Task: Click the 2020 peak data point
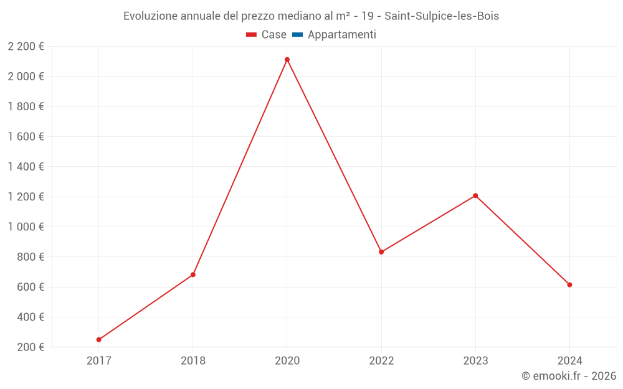tap(287, 60)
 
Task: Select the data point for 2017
tap(99, 340)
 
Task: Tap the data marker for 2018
tap(193, 274)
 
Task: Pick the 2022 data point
tap(381, 252)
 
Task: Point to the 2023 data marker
tap(475, 195)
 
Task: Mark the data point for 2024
tap(569, 285)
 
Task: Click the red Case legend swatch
tap(252, 35)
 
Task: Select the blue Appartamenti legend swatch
tap(297, 35)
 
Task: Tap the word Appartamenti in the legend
tap(342, 35)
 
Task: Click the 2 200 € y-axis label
tap(26, 47)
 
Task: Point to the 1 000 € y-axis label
tap(26, 227)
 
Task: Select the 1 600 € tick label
tap(26, 137)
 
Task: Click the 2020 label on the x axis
tap(287, 361)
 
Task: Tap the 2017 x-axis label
tap(99, 361)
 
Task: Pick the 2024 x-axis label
tap(569, 361)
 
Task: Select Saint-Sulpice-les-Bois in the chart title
tap(442, 16)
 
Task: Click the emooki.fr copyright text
tap(569, 376)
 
